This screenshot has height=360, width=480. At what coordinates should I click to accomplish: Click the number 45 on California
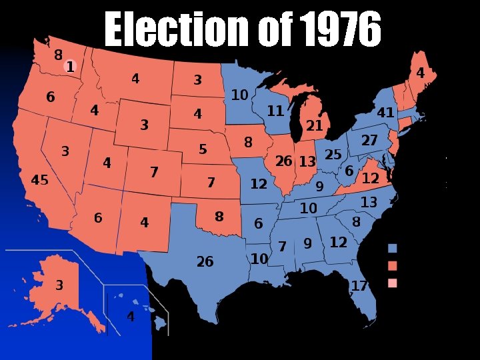click(x=40, y=180)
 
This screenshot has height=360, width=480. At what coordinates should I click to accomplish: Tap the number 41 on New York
click(x=385, y=113)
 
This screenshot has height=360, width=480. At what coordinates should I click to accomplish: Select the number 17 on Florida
click(x=359, y=285)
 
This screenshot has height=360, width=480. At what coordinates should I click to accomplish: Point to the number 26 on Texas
click(x=205, y=261)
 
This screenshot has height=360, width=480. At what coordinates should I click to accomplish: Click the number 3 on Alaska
click(x=59, y=285)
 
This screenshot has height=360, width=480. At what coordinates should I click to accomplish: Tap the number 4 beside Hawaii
click(x=131, y=317)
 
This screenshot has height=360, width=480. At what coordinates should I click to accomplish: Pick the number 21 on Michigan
click(x=314, y=125)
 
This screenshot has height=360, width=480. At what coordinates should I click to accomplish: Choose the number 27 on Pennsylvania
click(x=369, y=141)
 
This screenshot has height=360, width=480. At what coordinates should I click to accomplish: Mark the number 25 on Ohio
click(x=333, y=155)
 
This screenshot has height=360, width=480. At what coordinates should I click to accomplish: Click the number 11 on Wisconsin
click(x=275, y=111)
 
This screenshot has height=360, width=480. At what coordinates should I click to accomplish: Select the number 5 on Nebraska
click(x=203, y=149)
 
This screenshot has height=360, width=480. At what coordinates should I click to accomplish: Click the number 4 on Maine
click(x=420, y=73)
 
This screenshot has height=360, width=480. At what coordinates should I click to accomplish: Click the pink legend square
click(x=393, y=283)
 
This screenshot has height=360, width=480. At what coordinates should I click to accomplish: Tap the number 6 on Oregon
click(x=51, y=97)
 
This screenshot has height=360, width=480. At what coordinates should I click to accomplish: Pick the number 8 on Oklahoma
click(x=219, y=217)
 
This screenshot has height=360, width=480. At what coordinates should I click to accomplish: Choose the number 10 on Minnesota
click(x=239, y=95)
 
